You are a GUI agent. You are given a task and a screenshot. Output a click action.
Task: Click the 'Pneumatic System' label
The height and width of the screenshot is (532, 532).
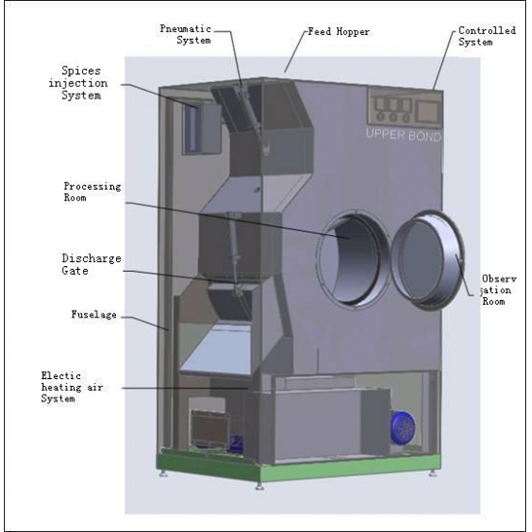pos(186,34)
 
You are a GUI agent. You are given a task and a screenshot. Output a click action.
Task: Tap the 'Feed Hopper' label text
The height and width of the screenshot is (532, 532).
pos(339,32)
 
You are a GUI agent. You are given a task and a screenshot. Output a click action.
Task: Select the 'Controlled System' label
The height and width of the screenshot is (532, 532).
pos(487,36)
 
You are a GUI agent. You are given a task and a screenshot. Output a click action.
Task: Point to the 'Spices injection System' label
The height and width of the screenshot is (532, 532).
pos(78,83)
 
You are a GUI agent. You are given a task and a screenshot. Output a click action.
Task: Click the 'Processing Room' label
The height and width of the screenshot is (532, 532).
pos(92,192)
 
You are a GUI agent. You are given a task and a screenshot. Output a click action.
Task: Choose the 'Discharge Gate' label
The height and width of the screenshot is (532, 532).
pos(91,264)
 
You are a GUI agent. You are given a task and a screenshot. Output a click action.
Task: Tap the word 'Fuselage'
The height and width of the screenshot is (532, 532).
pos(94,314)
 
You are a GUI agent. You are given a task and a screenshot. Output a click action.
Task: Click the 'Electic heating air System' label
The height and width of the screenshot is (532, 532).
pos(72,387)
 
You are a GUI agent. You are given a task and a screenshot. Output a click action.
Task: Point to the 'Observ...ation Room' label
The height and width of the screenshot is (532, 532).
pos(498,290)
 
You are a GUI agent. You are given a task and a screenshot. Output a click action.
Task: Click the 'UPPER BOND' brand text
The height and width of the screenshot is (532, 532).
pos(403,135)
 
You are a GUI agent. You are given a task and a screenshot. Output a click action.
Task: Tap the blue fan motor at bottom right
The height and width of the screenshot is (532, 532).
pos(402,428)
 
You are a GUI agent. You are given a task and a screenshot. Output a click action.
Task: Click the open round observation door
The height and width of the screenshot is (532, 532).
pos(428,260)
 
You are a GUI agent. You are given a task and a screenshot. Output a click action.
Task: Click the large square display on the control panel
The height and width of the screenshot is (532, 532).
pos(428,111)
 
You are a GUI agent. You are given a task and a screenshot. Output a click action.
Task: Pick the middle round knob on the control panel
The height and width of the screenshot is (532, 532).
pos(394,117)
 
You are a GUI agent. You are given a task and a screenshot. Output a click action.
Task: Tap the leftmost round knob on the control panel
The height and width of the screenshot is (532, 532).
pos(380,116)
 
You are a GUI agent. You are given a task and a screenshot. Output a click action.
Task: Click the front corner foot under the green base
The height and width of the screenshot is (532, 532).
pos(259,487)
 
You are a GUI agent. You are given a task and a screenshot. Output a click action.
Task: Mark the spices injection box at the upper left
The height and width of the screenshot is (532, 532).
pos(201,129)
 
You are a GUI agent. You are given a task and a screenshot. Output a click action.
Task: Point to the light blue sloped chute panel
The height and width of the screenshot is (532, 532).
pos(217,349)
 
